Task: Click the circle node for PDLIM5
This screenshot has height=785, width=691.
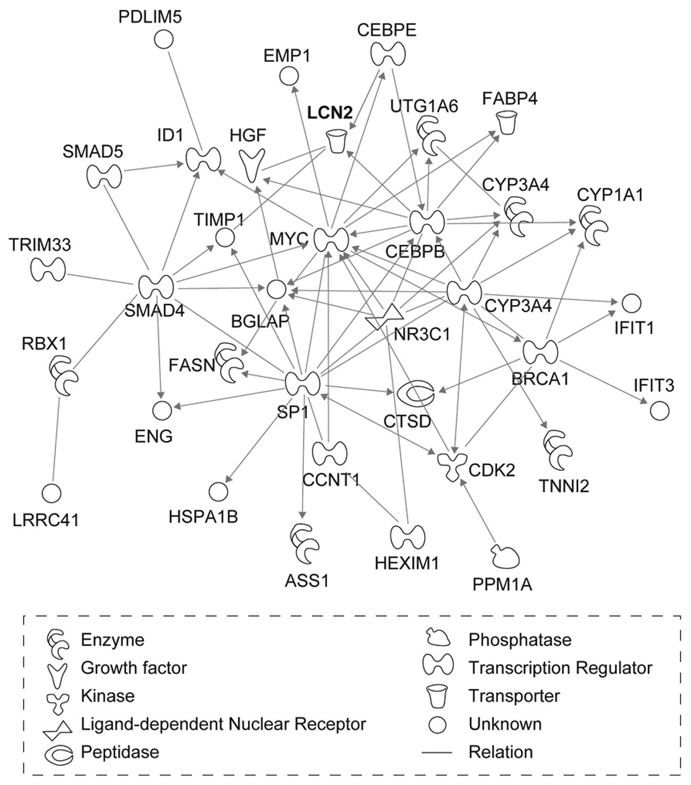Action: pyautogui.click(x=164, y=39)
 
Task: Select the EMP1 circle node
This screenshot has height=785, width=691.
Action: pyautogui.click(x=289, y=76)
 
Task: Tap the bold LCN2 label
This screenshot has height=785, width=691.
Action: pyautogui.click(x=329, y=113)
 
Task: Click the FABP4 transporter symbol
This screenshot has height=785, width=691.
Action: pyautogui.click(x=507, y=122)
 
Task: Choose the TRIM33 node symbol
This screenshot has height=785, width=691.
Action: pyautogui.click(x=48, y=269)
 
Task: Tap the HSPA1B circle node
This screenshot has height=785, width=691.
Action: pyautogui.click(x=218, y=492)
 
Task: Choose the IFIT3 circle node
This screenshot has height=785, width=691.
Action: pyautogui.click(x=659, y=411)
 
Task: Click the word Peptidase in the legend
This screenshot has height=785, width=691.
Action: pyautogui.click(x=119, y=752)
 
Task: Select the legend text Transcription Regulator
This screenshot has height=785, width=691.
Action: pyautogui.click(x=560, y=668)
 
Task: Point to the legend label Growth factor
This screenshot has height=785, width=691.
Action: pyautogui.click(x=134, y=668)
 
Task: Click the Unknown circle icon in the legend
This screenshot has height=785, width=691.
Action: pyautogui.click(x=437, y=725)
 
